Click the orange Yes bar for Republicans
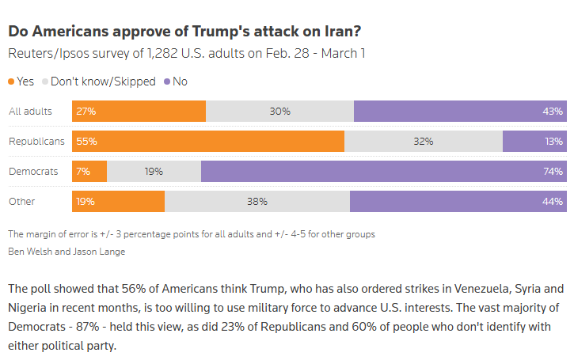[x=208, y=142]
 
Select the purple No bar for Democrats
[x=384, y=172]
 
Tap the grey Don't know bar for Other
[x=257, y=202]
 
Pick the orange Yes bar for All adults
[x=139, y=112]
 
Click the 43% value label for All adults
[x=553, y=112]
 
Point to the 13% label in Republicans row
[x=553, y=142]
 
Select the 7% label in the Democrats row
[x=83, y=172]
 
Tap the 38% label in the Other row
[x=257, y=202]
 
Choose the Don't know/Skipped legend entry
[x=99, y=81]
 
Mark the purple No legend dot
[x=167, y=81]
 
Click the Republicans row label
[x=36, y=142]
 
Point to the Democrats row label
[x=33, y=172]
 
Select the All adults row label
[x=30, y=112]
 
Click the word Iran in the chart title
[x=339, y=32]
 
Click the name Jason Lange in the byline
[x=103, y=252]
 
